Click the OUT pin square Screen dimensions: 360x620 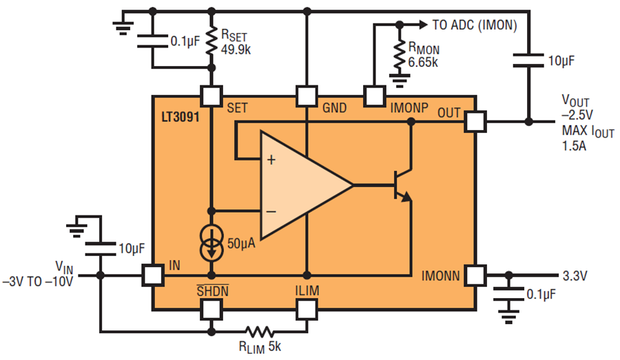click(x=475, y=122)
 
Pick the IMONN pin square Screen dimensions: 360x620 click(x=475, y=275)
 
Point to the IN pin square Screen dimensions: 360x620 click(x=153, y=275)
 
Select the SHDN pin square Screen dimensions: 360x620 click(x=211, y=309)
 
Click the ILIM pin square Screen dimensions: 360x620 click(x=306, y=309)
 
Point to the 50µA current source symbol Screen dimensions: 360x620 click(x=212, y=244)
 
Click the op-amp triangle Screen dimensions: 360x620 click(x=303, y=185)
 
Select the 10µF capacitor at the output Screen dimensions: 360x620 click(x=528, y=62)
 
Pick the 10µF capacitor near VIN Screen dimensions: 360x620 click(x=101, y=247)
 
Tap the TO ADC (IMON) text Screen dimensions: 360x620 click(x=474, y=25)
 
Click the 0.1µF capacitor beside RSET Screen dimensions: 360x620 click(x=152, y=40)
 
